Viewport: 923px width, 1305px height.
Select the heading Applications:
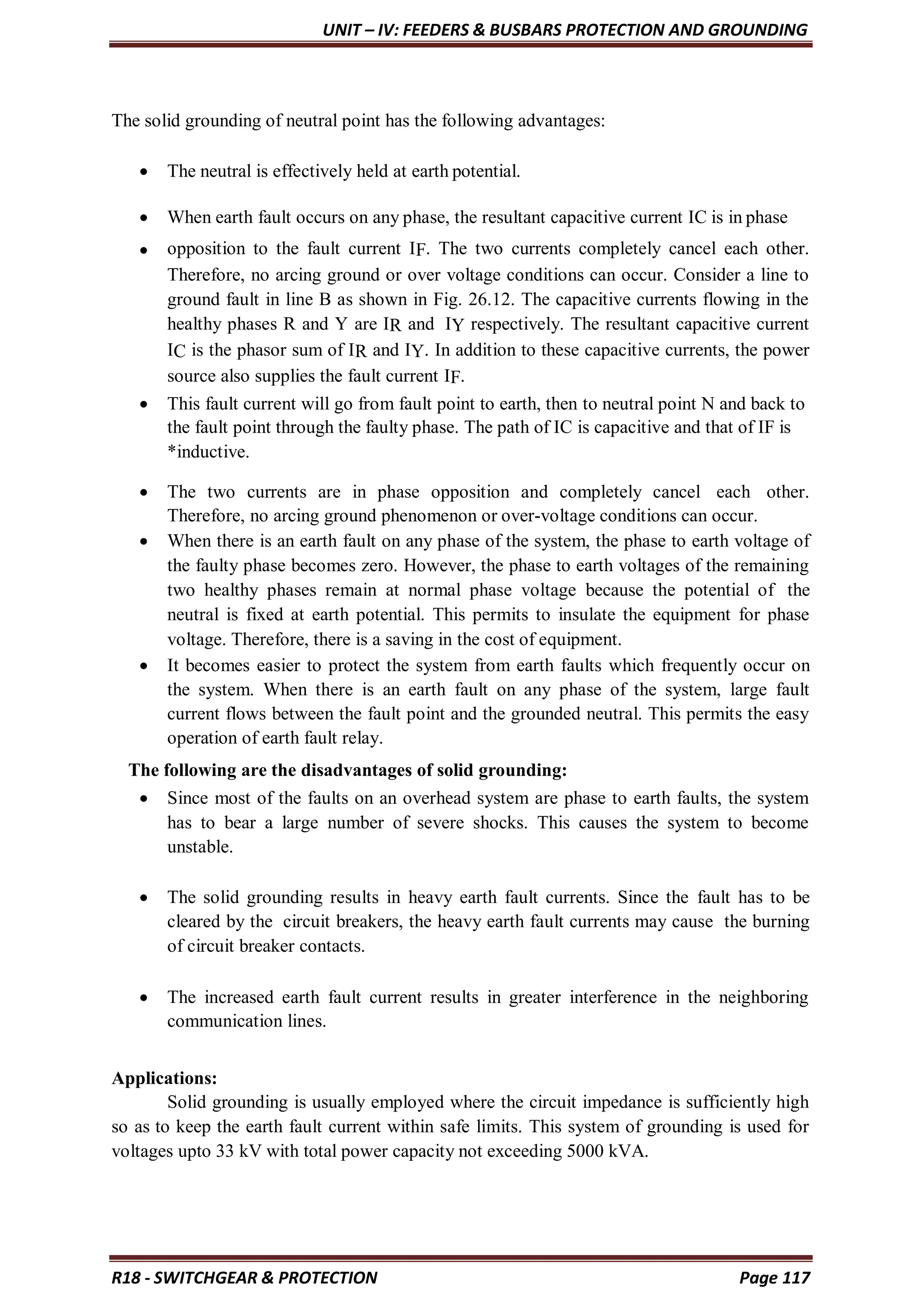pos(164,1078)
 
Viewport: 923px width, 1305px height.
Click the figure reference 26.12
pos(492,299)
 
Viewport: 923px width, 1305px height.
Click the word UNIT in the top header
pos(340,30)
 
